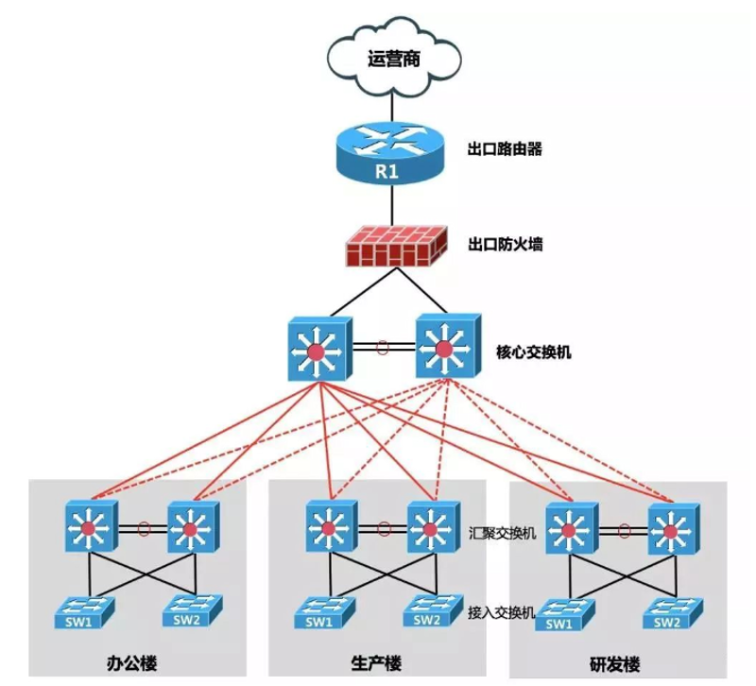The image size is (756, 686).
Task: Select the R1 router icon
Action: click(388, 152)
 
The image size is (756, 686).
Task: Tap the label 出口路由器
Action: click(505, 148)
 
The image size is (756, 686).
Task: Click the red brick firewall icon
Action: click(396, 246)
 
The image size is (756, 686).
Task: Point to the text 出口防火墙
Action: click(505, 244)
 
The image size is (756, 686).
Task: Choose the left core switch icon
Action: click(319, 349)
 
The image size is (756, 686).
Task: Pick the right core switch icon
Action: click(448, 345)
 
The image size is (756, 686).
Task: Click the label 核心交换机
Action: click(533, 352)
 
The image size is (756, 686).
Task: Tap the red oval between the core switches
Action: click(382, 347)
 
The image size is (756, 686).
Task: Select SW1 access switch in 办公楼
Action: click(84, 612)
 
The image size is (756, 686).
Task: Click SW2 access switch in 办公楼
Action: click(193, 609)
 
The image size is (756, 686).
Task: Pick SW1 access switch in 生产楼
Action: click(324, 612)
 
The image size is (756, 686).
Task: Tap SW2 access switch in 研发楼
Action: click(673, 612)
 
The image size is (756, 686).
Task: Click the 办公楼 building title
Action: click(131, 663)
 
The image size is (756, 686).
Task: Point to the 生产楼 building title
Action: click(376, 663)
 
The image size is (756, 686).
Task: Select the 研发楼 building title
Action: click(615, 665)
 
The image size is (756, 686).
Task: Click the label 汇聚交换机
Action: click(502, 533)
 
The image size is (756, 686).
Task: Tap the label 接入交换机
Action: click(502, 612)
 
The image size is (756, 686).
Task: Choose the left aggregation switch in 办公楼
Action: click(91, 526)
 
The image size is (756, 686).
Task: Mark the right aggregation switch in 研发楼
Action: click(674, 528)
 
